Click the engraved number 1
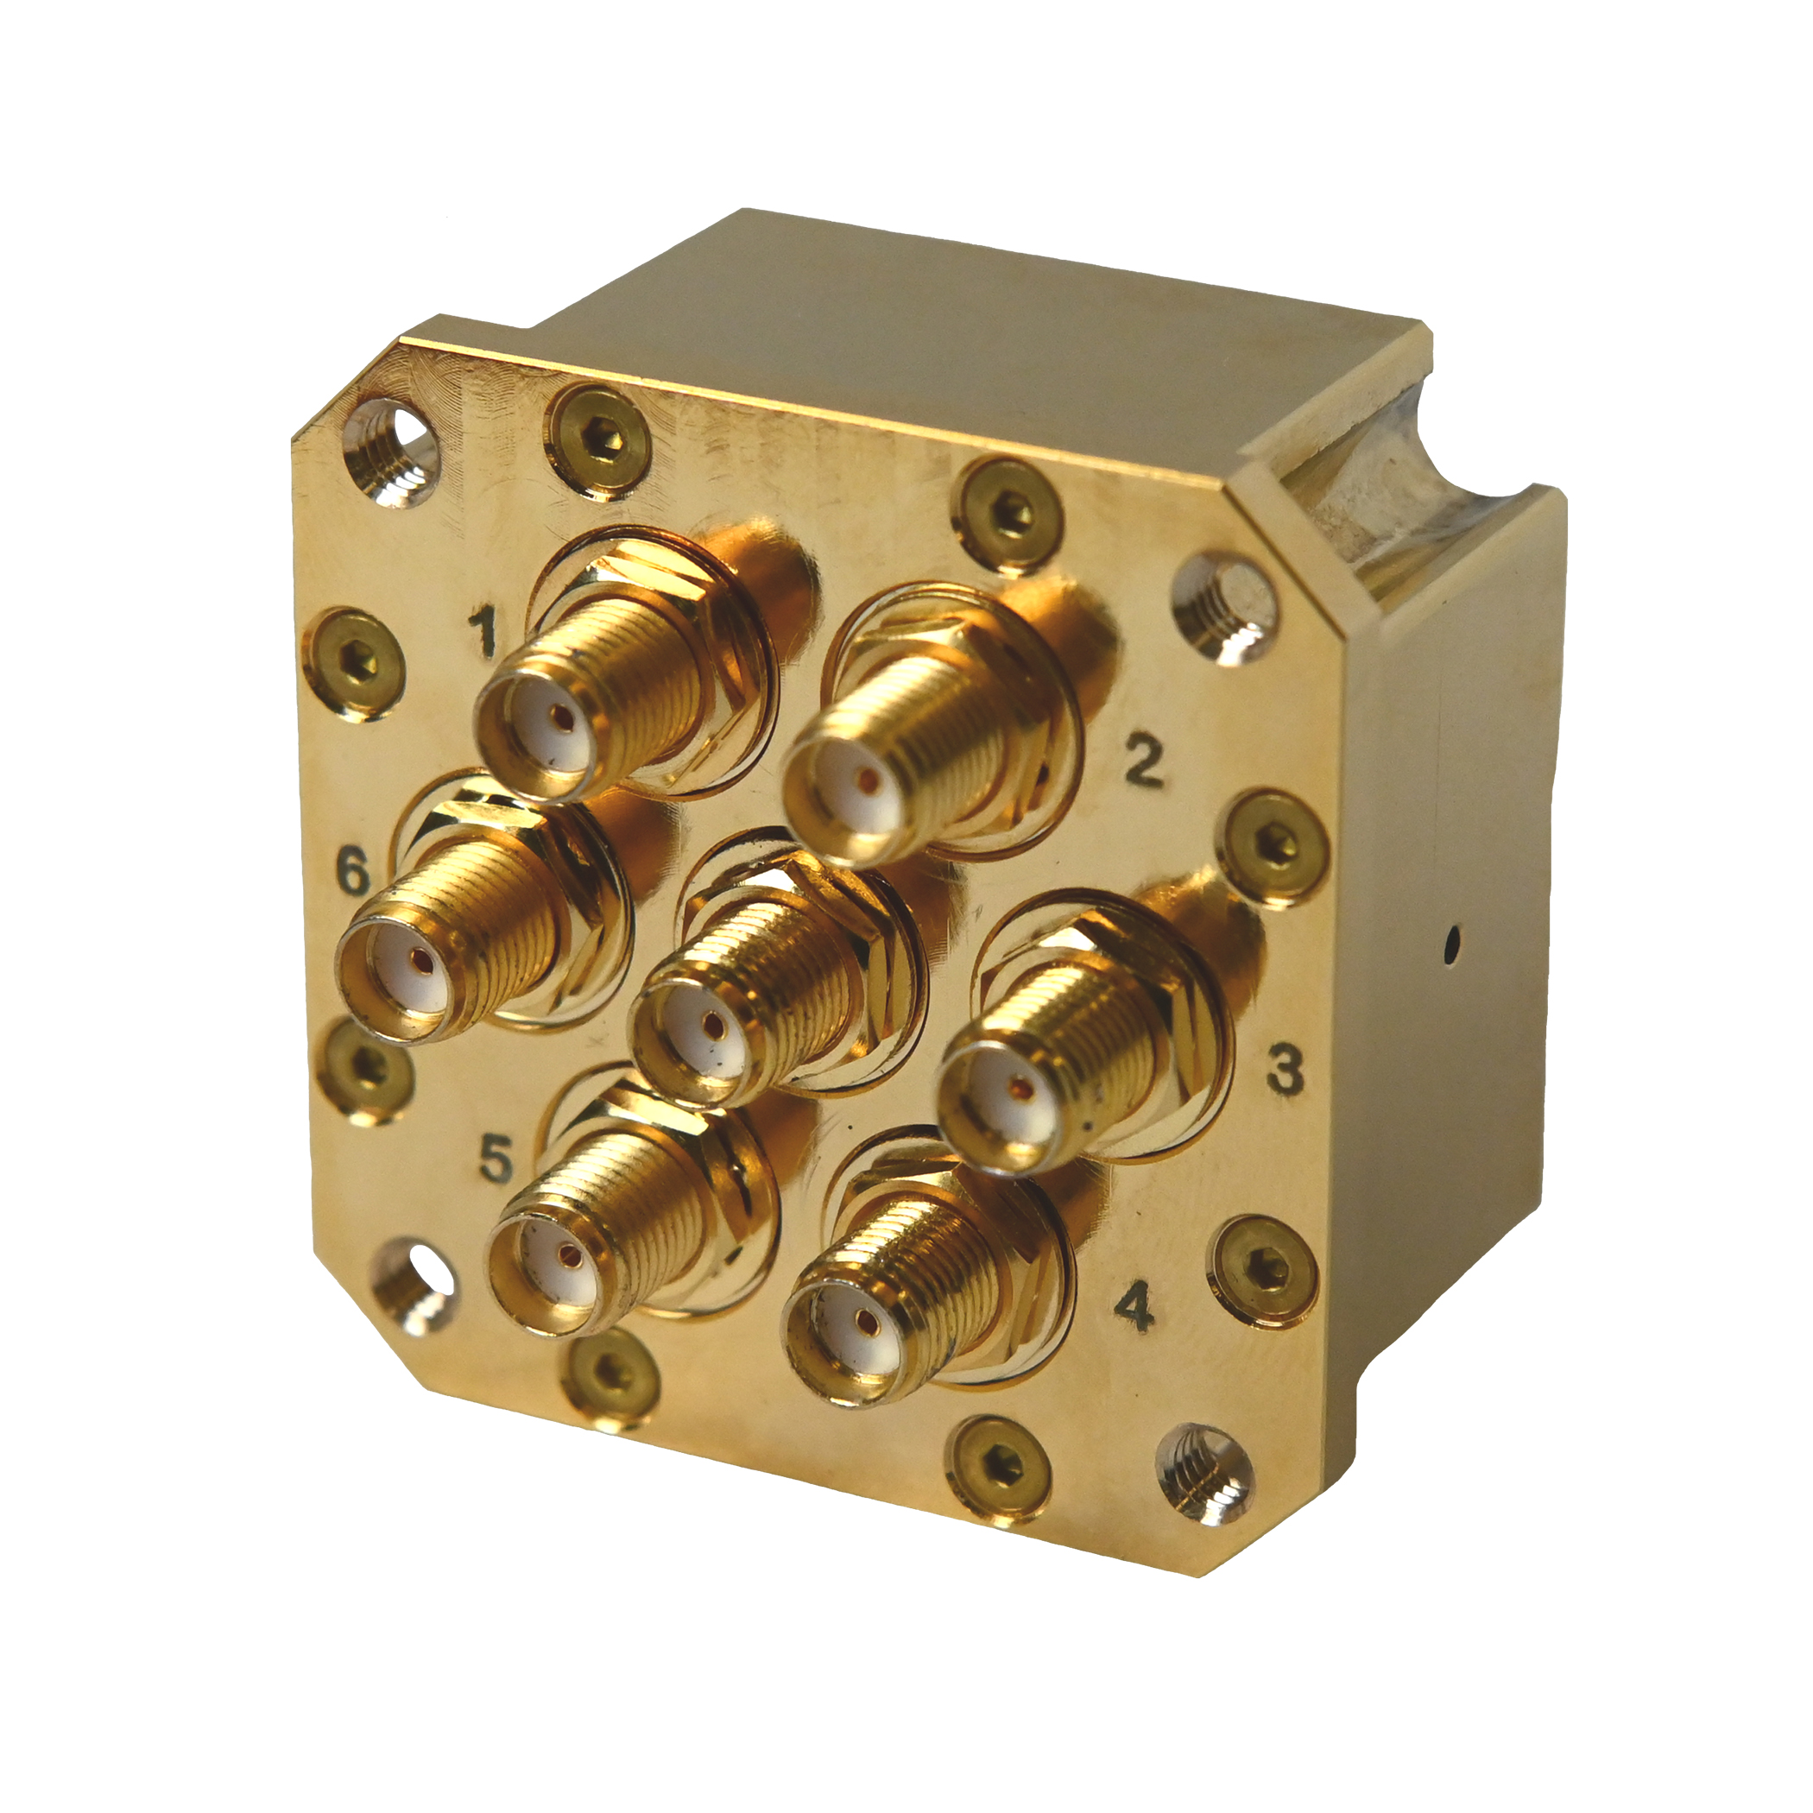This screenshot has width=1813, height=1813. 484,632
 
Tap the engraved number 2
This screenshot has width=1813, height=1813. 1143,762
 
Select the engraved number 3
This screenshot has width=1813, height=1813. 1285,1069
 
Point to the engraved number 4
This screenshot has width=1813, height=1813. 1138,1306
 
